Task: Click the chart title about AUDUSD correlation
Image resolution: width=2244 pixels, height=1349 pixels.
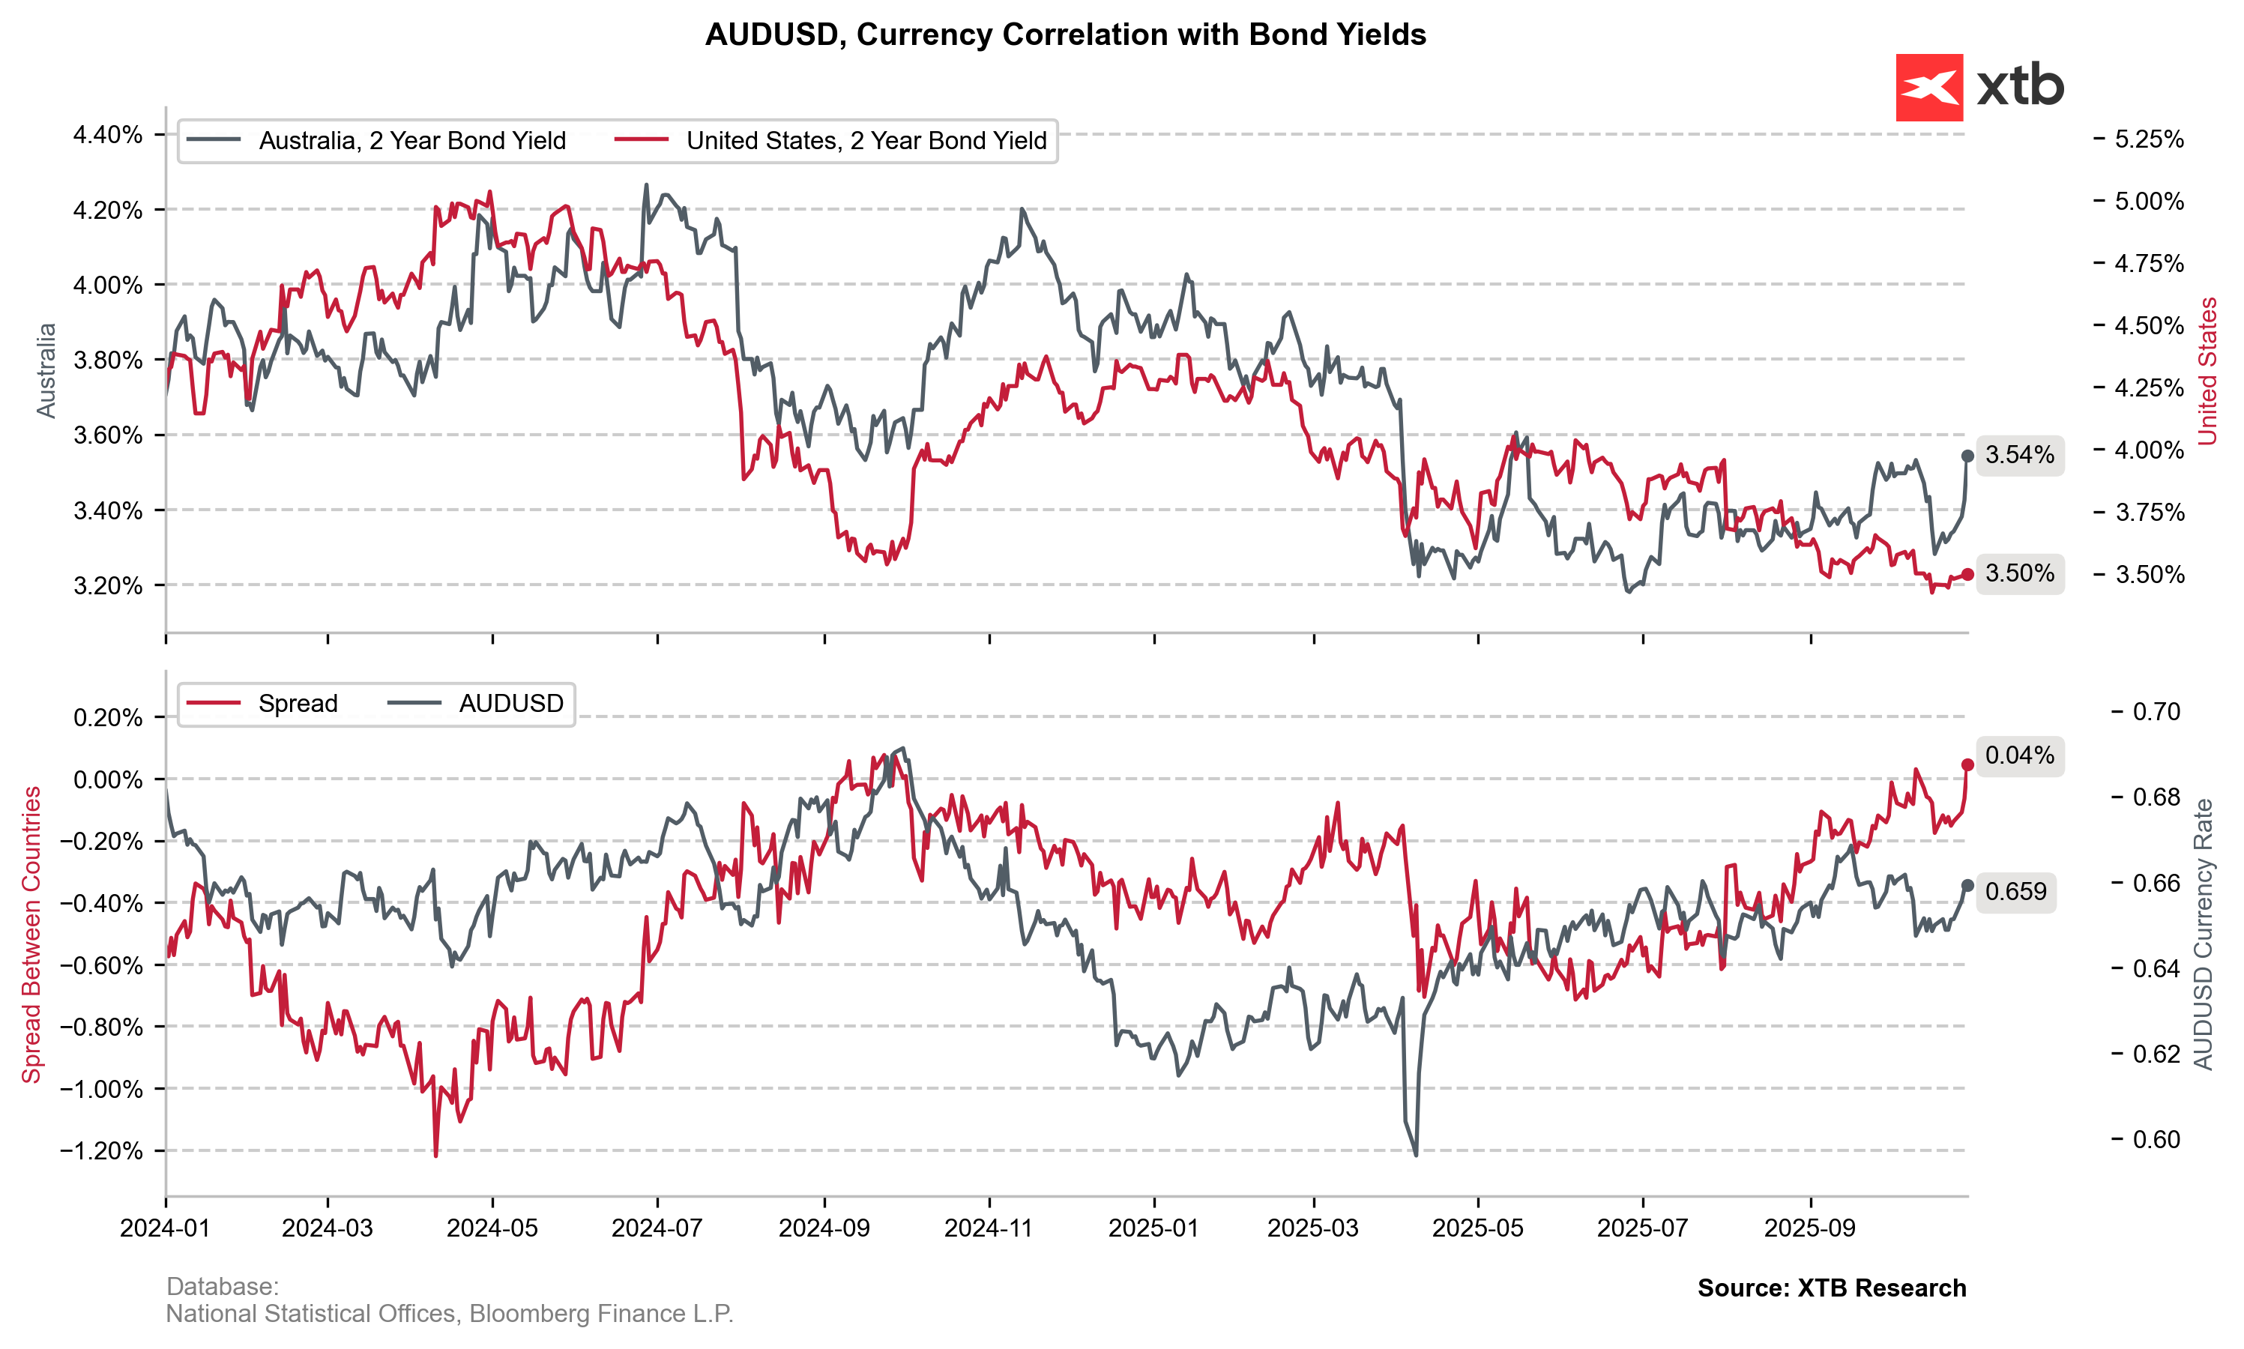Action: click(1065, 34)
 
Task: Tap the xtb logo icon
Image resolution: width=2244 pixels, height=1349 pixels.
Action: click(1928, 87)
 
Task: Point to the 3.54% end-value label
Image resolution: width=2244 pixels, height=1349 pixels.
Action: click(2018, 454)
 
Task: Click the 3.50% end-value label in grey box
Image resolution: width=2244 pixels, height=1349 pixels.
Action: click(2018, 573)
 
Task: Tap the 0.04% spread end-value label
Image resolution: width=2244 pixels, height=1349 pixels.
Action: click(2018, 755)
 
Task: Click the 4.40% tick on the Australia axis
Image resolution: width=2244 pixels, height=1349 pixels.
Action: click(108, 135)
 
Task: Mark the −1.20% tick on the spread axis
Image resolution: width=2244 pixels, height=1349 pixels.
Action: click(102, 1151)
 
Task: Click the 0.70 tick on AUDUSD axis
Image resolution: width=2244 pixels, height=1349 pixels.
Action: click(2156, 711)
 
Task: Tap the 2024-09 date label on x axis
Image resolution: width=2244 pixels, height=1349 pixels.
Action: click(824, 1228)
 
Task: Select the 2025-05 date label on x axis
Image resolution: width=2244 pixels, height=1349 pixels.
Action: click(1477, 1228)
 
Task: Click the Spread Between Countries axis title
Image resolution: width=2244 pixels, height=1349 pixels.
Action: click(31, 935)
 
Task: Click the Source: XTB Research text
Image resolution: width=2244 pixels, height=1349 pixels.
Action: click(1830, 1288)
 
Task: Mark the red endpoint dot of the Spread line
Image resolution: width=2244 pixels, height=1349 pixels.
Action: click(1967, 764)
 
